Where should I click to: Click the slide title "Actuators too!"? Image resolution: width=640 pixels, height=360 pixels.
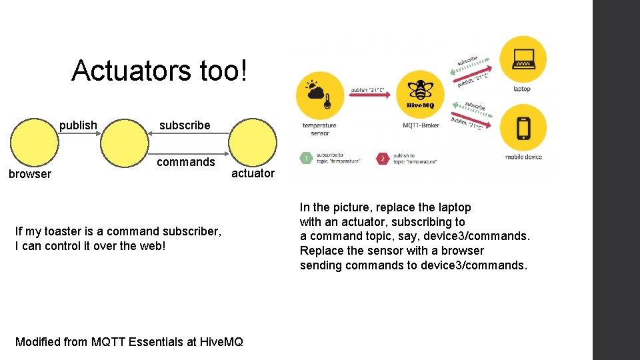[x=159, y=70]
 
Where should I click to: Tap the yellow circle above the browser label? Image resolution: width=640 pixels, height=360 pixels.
[x=33, y=141]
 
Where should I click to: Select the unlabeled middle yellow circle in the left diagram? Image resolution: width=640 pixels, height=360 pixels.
[x=124, y=141]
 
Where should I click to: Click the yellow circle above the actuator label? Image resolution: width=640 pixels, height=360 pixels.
[x=253, y=141]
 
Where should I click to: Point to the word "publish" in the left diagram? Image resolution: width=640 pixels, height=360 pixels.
[x=78, y=125]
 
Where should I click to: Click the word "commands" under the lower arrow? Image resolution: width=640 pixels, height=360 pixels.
[x=185, y=161]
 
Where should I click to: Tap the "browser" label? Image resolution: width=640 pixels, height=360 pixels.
[x=29, y=174]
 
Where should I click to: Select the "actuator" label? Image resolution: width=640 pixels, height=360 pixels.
[x=253, y=173]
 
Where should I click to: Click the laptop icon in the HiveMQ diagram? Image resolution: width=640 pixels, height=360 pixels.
[x=522, y=59]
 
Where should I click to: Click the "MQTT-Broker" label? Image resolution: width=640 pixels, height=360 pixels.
[x=420, y=125]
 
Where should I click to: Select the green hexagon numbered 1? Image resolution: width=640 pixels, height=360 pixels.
[x=305, y=159]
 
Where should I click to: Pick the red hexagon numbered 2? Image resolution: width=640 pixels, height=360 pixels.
[x=382, y=159]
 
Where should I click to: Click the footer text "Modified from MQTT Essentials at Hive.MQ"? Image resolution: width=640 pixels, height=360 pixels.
[x=129, y=342]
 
